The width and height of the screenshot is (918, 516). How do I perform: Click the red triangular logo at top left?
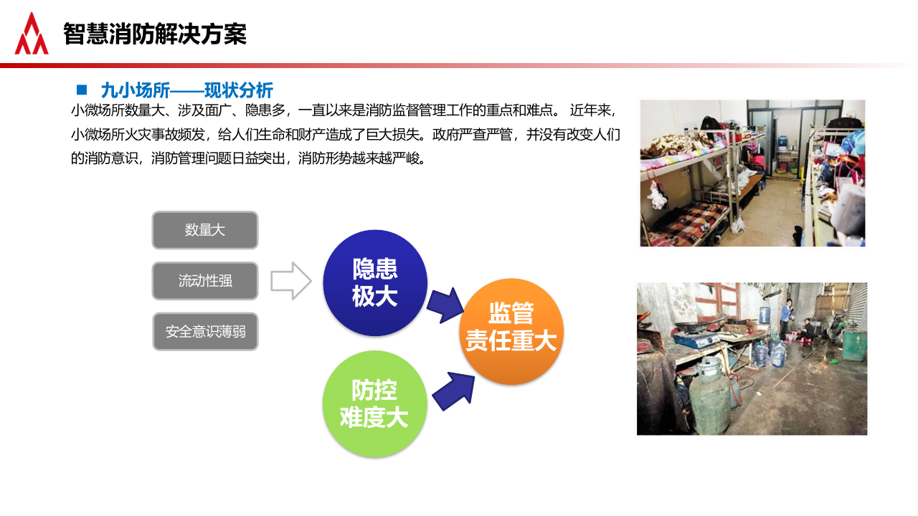pos(32,34)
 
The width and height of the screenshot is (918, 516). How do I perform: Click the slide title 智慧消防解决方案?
pos(154,34)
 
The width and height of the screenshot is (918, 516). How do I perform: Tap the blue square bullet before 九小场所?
pos(82,90)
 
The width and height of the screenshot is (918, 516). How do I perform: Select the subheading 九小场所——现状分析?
pos(186,90)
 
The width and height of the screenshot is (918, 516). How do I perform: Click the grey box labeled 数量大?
pos(204,230)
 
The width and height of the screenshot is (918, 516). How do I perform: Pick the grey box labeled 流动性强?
pos(204,281)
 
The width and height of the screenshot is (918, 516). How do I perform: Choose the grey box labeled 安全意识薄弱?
pos(204,332)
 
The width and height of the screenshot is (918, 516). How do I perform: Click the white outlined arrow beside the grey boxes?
pos(290,281)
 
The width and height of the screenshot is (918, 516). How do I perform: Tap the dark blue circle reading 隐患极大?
pos(375,282)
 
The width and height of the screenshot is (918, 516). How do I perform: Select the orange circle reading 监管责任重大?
pos(511,331)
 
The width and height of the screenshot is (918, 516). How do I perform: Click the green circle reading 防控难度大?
pos(374,404)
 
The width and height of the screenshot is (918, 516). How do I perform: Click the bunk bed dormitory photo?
pos(752,173)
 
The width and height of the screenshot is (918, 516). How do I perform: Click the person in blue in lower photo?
pos(787,315)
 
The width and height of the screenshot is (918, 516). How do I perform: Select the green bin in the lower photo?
pos(853,344)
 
